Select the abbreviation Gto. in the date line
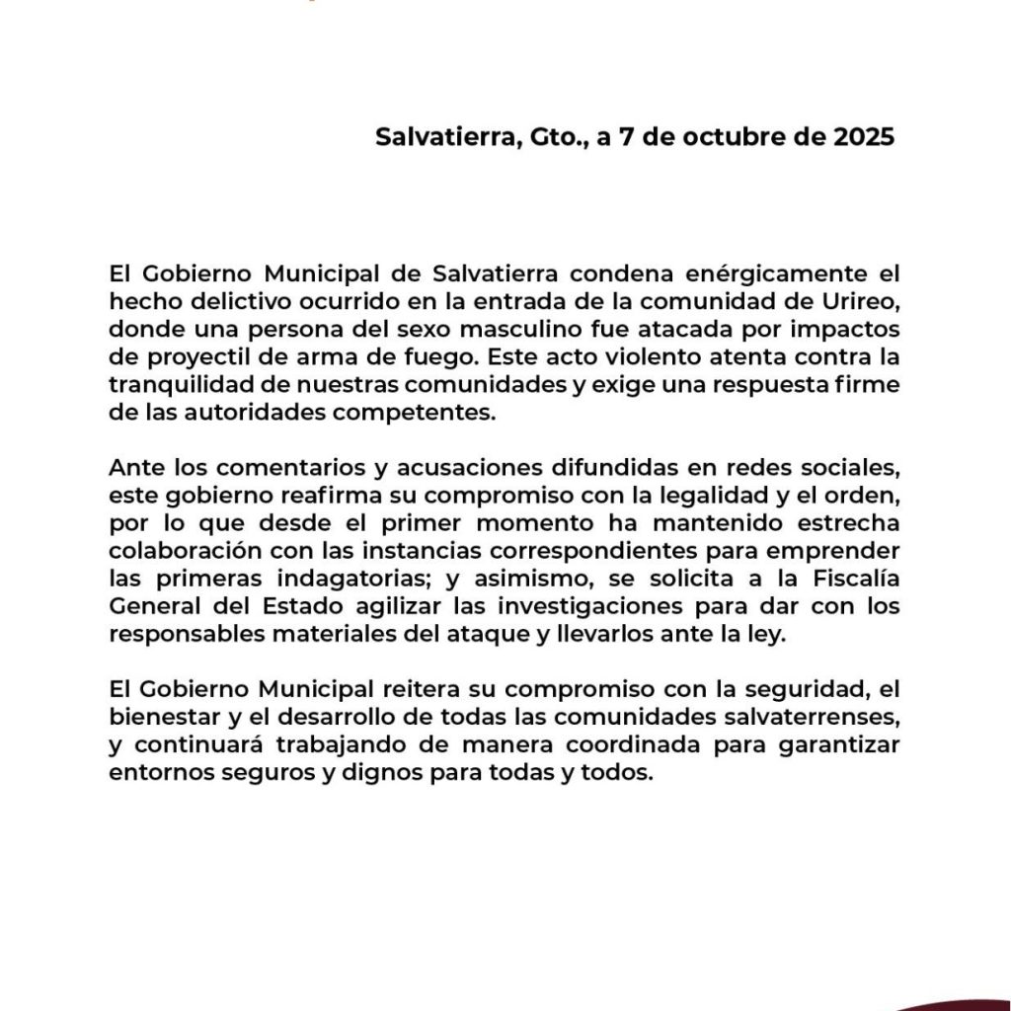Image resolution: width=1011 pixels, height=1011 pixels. [560, 137]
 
